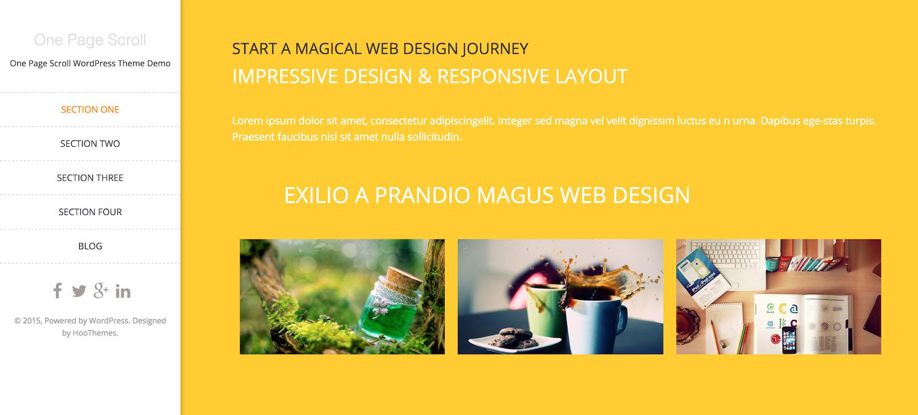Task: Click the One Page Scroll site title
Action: [90, 40]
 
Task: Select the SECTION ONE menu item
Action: [90, 109]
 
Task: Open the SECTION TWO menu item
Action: [90, 144]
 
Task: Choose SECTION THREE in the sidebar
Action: [90, 178]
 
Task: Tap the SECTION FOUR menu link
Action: [90, 212]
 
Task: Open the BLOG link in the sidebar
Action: [90, 246]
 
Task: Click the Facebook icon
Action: [57, 291]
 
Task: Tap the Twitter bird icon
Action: [79, 291]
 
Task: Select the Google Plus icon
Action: [101, 290]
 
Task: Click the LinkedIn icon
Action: [123, 291]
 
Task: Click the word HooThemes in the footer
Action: [95, 332]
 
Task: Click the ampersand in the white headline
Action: [425, 77]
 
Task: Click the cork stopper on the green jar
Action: [404, 277]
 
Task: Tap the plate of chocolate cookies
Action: [515, 340]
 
